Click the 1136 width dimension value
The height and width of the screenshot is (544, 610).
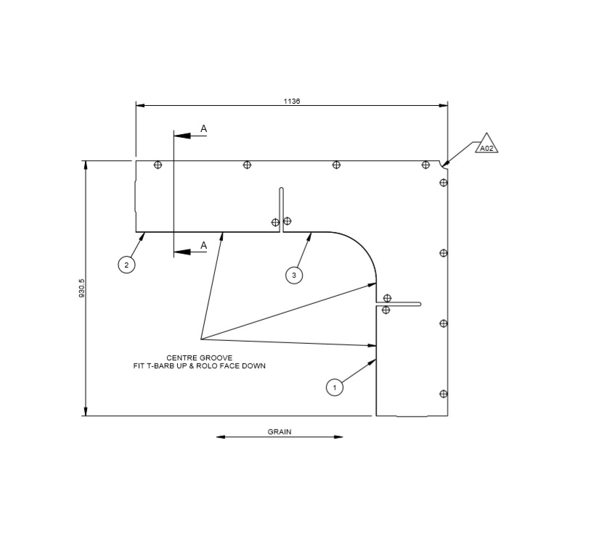(292, 102)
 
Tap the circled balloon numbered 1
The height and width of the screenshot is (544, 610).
(334, 388)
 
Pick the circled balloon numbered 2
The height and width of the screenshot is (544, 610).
(126, 265)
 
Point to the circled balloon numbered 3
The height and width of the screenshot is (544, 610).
(293, 275)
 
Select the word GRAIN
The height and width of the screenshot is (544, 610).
(280, 432)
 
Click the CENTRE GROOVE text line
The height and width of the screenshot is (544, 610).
(199, 358)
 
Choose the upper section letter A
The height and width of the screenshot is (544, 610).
(203, 128)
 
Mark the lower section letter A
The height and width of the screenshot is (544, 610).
(203, 245)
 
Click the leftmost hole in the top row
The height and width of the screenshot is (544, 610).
(158, 165)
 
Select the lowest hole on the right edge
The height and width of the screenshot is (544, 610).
(444, 394)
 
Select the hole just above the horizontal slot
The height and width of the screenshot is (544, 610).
(387, 298)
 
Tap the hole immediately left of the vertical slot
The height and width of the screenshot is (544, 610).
(275, 223)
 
